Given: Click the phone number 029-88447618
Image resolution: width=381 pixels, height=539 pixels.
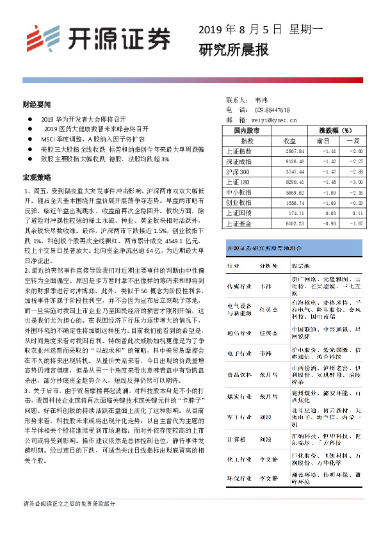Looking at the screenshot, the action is [x=272, y=110].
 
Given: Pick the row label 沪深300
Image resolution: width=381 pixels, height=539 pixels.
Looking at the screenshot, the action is [x=239, y=172].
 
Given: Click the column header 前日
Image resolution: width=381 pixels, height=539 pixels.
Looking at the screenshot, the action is [x=323, y=140].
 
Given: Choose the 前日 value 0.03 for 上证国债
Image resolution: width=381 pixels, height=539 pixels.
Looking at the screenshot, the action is [x=330, y=213].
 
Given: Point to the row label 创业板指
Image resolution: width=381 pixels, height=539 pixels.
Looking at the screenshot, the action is [x=239, y=202].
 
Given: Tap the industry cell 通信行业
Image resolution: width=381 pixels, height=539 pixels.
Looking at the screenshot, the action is [x=238, y=333].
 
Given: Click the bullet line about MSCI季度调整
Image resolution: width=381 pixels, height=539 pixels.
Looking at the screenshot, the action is [x=93, y=138].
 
